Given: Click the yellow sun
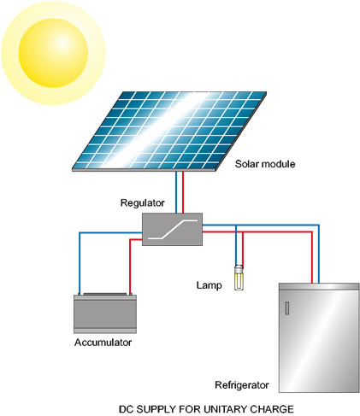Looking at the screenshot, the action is click(53, 53).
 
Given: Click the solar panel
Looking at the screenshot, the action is click(169, 131).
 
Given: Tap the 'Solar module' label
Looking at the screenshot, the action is click(265, 164).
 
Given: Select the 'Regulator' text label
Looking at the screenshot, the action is click(142, 202).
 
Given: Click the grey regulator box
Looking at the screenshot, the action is click(172, 229).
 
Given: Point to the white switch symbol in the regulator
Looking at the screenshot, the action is click(172, 229).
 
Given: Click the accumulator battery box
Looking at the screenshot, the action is click(105, 313).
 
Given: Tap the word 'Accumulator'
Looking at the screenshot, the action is click(103, 343).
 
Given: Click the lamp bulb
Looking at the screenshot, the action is click(239, 278).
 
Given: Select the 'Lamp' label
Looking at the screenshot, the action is click(209, 285).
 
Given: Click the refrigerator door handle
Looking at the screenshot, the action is click(287, 308).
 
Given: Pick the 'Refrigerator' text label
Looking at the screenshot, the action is click(242, 385).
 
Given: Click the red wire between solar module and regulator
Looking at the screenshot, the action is click(183, 192).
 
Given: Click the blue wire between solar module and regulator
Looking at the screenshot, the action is click(176, 192).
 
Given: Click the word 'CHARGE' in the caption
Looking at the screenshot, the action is click(272, 409).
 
